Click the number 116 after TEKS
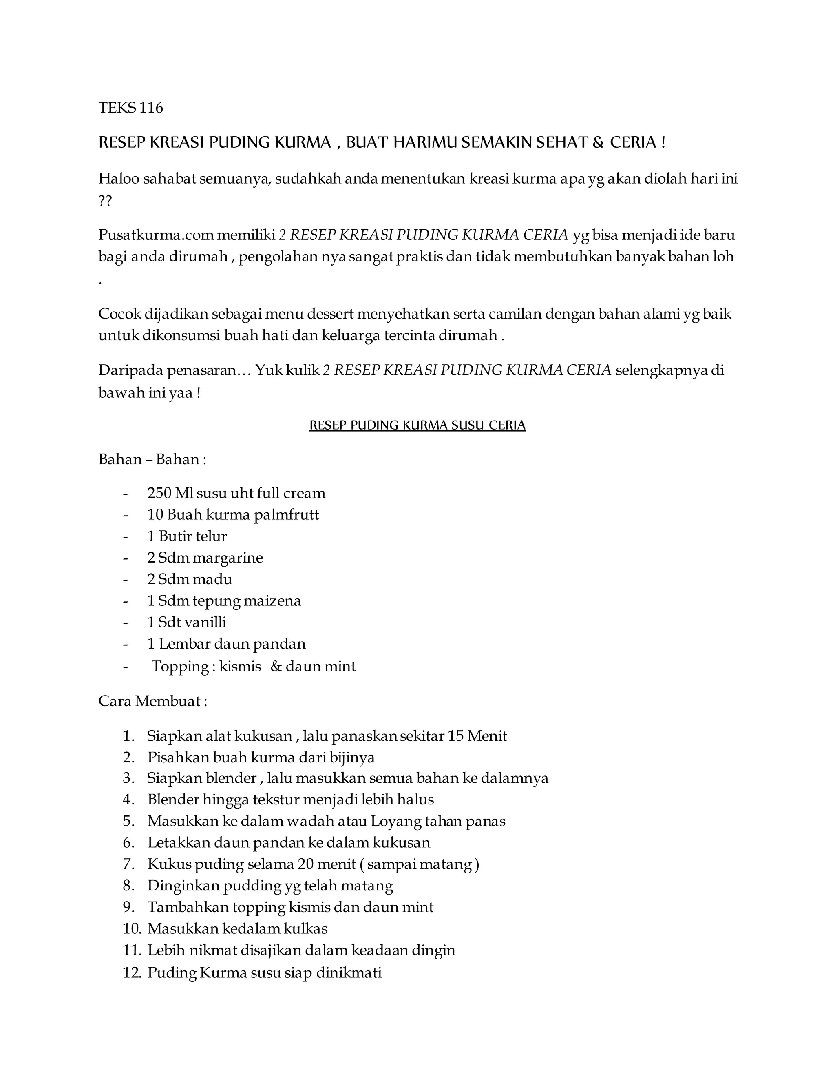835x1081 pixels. point(151,108)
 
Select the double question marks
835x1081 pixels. point(105,202)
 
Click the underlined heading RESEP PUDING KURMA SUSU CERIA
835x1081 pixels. point(417,425)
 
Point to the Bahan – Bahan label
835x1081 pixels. point(152,459)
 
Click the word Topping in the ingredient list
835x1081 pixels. point(181,666)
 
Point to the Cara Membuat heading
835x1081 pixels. point(152,701)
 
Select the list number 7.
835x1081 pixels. point(128,864)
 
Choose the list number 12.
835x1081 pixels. point(132,973)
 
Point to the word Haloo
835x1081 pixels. point(119,178)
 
